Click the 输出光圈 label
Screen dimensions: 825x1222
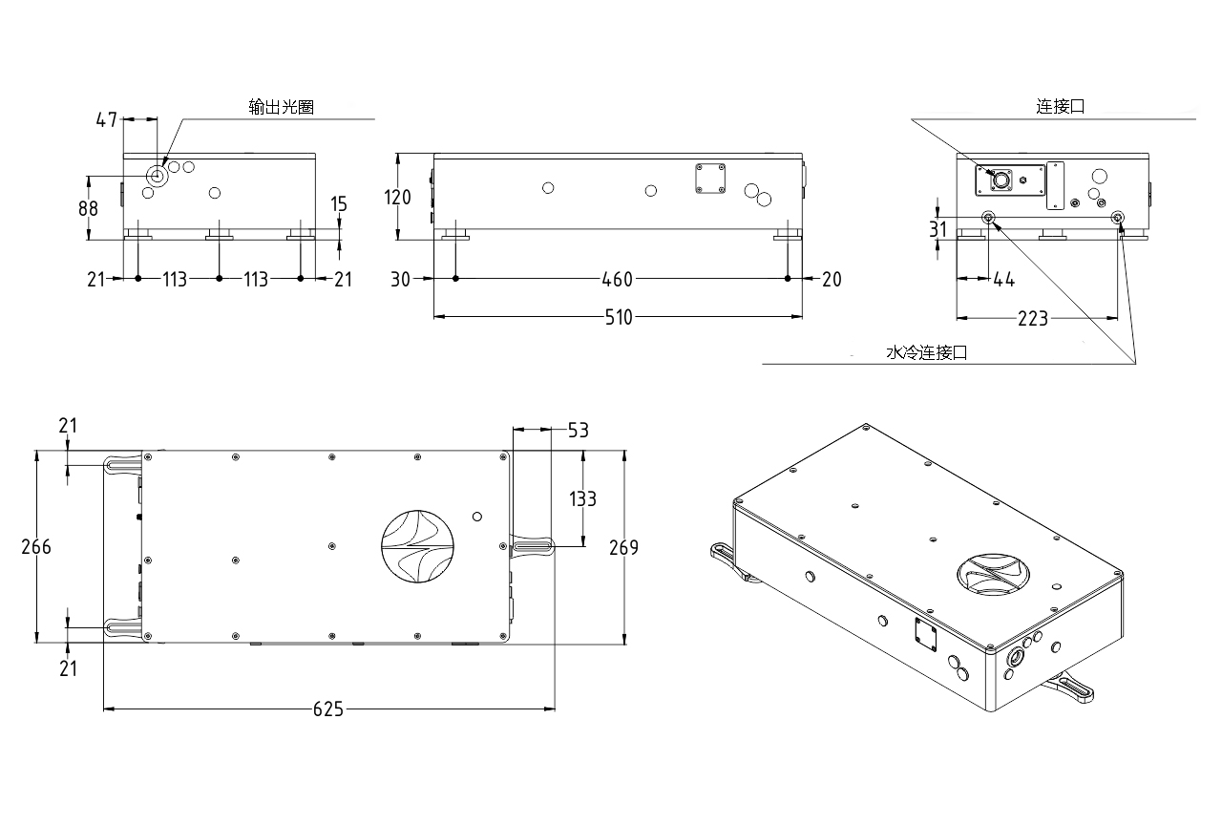click(281, 108)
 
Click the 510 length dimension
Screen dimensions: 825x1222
click(619, 317)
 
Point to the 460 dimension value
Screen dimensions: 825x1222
click(618, 279)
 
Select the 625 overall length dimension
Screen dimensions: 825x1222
click(327, 709)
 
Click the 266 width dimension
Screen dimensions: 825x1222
click(36, 547)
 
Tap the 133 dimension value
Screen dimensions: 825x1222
click(582, 498)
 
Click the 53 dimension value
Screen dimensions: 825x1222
click(578, 431)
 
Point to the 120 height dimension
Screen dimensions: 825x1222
click(397, 198)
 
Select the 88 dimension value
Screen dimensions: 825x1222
click(88, 208)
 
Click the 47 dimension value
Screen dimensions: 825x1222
click(106, 120)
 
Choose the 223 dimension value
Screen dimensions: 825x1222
click(1032, 318)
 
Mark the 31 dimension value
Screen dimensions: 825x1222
click(938, 229)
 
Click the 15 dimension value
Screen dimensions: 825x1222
click(340, 203)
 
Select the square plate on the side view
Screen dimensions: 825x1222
click(710, 179)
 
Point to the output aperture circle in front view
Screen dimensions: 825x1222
click(158, 176)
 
